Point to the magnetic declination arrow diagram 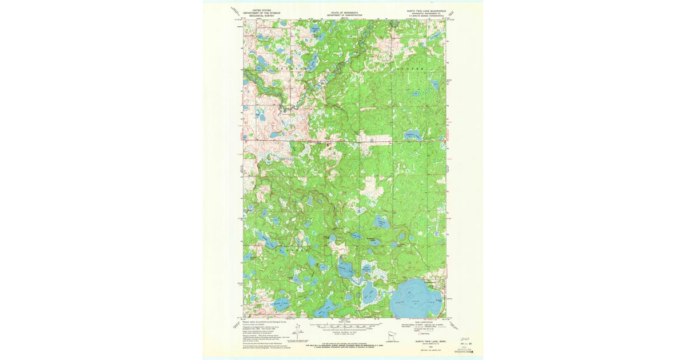(298, 331)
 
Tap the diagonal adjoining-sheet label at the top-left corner (235, 10)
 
